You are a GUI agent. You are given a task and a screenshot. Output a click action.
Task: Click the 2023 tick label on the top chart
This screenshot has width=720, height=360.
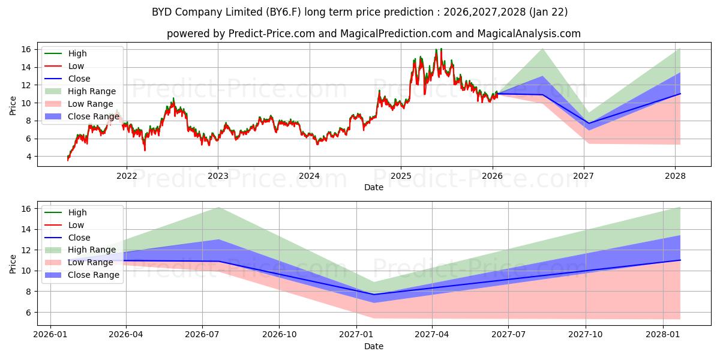(x=218, y=176)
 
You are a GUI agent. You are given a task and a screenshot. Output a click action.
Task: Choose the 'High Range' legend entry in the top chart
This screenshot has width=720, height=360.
(x=92, y=91)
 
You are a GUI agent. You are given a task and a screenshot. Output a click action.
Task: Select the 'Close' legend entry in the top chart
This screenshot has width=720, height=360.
(x=79, y=79)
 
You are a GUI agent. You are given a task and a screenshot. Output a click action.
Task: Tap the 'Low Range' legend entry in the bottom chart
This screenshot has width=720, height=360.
(x=90, y=262)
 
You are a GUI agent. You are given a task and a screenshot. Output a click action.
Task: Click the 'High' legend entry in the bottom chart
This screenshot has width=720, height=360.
(x=77, y=212)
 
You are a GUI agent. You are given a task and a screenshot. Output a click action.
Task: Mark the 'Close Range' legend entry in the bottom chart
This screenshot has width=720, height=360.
(x=93, y=275)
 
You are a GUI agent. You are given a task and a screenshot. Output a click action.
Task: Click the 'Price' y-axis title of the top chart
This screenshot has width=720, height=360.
(x=13, y=106)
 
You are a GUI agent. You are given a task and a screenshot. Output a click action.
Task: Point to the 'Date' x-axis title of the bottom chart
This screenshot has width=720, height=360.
(x=373, y=346)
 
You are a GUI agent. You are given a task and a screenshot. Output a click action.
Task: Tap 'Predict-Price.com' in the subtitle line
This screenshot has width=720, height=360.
(x=271, y=34)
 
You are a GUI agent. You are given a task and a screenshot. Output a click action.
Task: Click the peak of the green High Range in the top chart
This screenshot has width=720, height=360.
(x=542, y=49)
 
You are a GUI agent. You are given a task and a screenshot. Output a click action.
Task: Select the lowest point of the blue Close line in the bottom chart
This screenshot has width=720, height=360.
(x=374, y=295)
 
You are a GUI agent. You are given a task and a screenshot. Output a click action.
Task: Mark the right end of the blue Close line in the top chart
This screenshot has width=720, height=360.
(x=680, y=94)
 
